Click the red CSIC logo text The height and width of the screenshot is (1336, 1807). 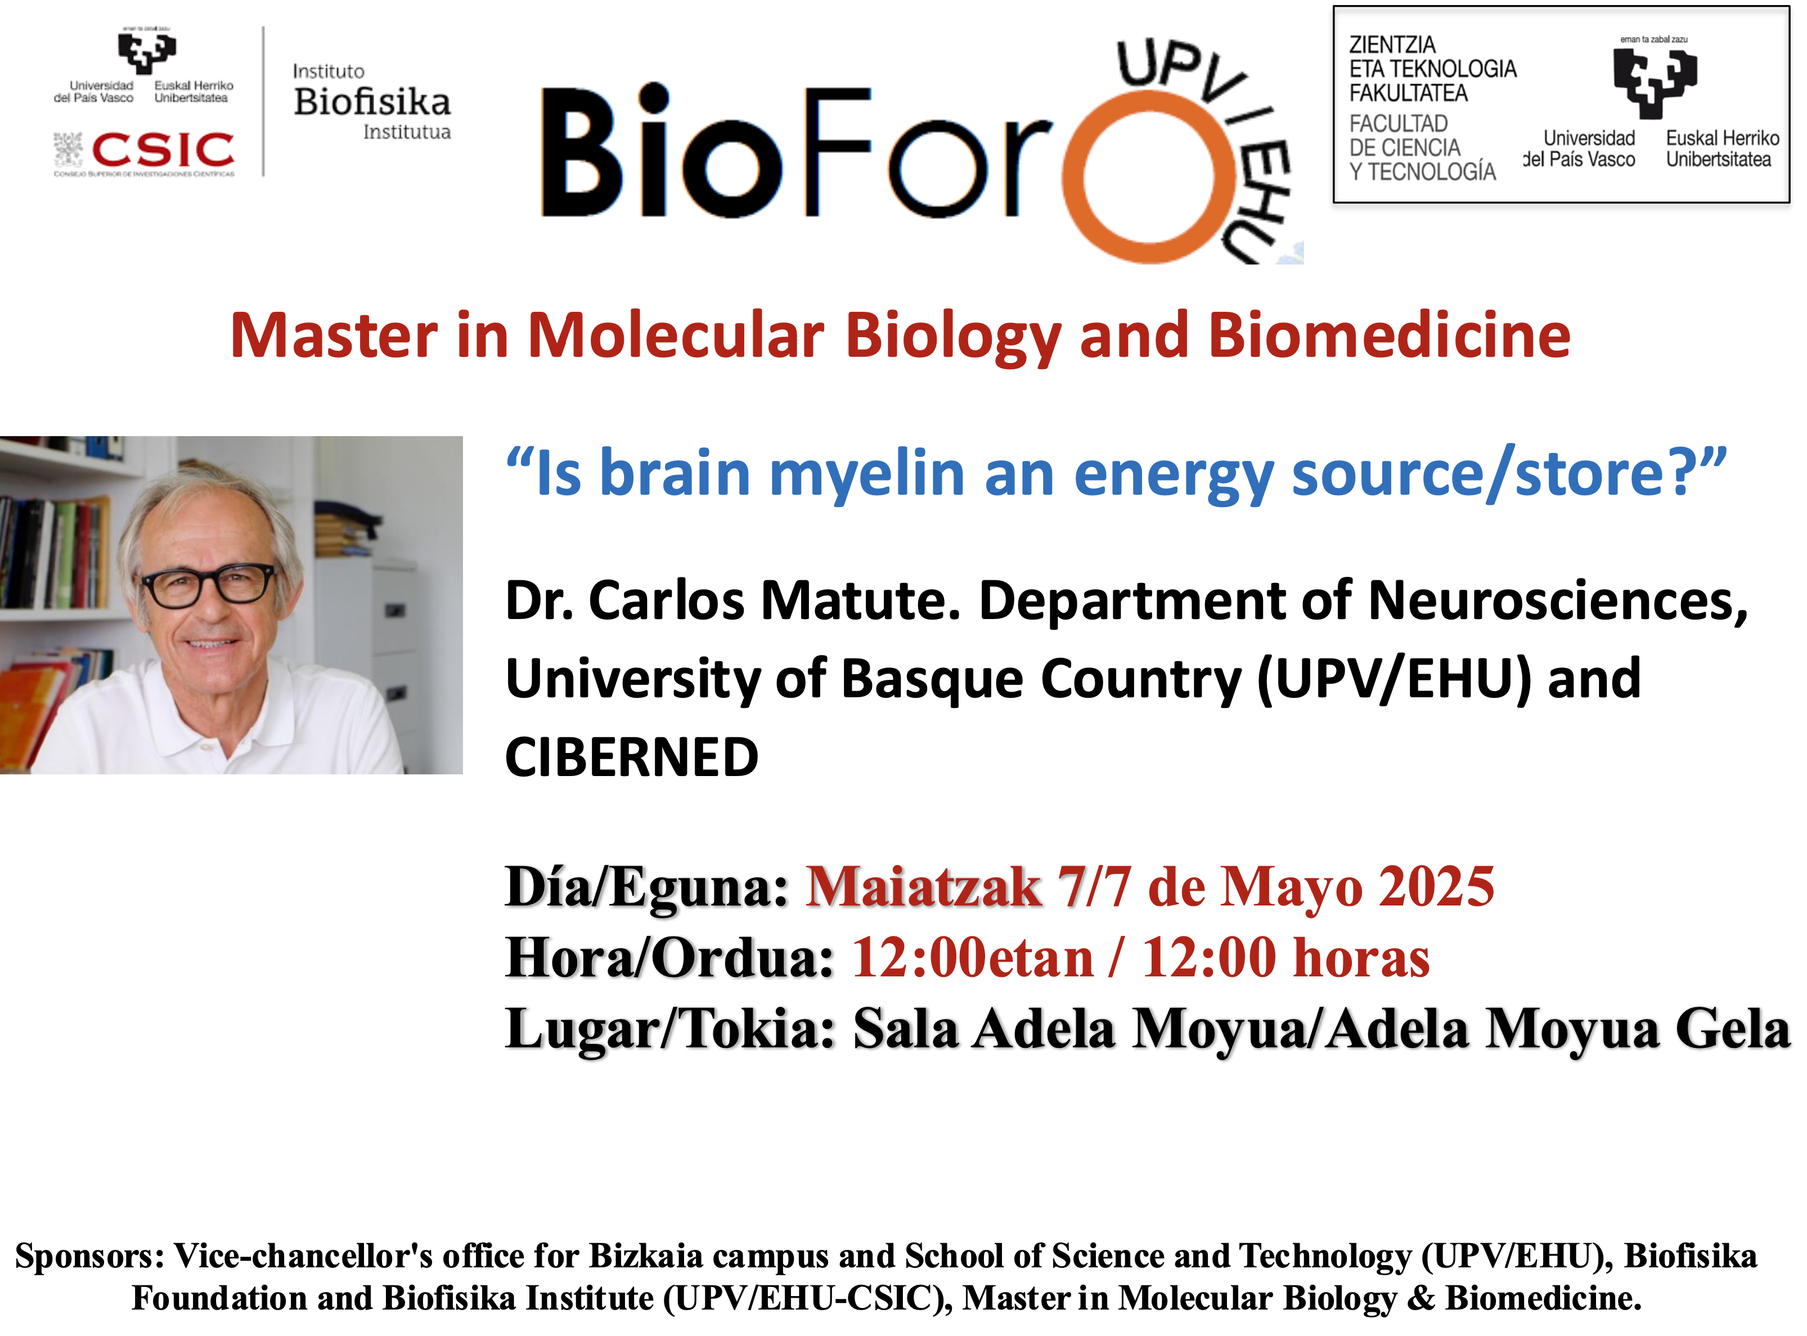coord(163,150)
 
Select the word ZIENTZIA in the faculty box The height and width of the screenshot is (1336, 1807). coord(1392,45)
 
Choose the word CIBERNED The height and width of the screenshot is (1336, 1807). coord(631,758)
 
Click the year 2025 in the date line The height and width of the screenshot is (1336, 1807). coord(1437,887)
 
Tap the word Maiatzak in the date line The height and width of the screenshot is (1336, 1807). coord(924,887)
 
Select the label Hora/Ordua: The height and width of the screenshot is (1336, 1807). coord(669,958)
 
